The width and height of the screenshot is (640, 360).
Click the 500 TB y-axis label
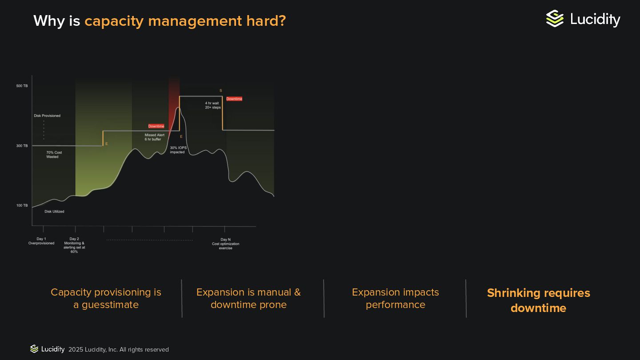point(22,86)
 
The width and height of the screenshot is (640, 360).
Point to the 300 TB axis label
point(22,146)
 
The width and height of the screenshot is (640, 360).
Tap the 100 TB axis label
point(22,205)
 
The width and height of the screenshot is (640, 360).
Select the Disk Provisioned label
point(47,116)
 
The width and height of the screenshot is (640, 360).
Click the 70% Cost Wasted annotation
point(54,155)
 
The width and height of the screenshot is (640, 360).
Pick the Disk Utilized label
point(54,212)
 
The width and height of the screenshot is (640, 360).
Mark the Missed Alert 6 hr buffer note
point(154,137)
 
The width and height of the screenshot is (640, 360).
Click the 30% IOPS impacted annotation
point(178,150)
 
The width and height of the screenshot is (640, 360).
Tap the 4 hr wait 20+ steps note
point(213,105)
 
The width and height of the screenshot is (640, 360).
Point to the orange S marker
point(221,91)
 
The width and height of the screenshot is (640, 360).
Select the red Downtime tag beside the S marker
point(234,99)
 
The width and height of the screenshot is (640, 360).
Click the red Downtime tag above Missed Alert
point(156,126)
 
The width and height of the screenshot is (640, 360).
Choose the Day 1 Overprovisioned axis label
point(41,241)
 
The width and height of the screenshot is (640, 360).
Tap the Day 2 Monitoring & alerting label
point(74,245)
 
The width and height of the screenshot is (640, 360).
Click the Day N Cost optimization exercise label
point(225,244)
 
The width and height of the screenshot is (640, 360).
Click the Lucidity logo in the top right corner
point(583,19)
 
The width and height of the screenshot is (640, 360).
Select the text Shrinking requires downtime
point(538,300)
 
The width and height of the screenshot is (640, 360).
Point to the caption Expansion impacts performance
point(395,298)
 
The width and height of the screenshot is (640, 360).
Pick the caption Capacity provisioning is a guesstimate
point(106,298)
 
